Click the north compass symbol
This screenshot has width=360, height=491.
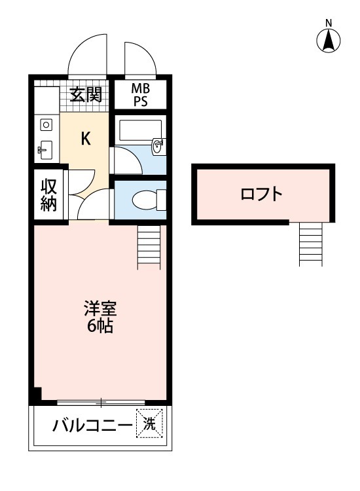tap(329, 42)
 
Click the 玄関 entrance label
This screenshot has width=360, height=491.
tap(86, 95)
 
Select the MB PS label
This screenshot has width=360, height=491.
tap(139, 95)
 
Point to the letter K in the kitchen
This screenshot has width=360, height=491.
tap(85, 138)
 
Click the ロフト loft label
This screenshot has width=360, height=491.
tap(262, 194)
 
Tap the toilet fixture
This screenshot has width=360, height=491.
tap(145, 200)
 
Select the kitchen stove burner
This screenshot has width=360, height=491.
tap(46, 124)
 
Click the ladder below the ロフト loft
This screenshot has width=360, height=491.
tap(312, 244)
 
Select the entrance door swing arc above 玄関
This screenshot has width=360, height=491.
tap(87, 54)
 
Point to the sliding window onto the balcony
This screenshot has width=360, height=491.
tap(100, 402)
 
